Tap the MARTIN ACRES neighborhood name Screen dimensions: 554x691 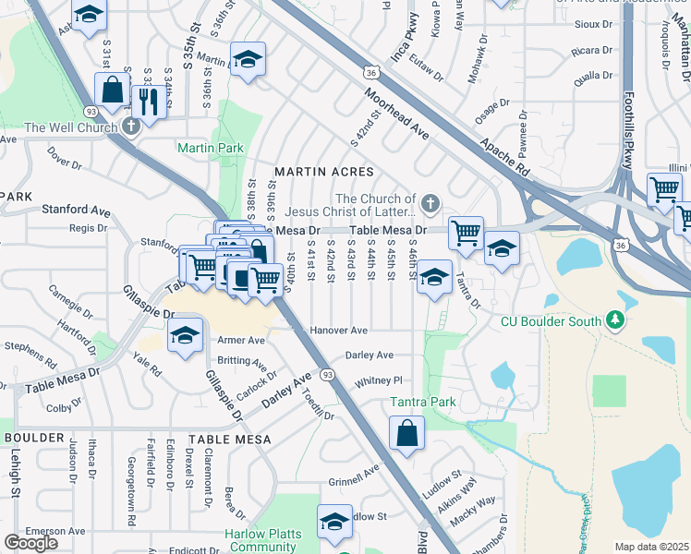coord(323,172)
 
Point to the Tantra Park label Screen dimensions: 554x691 coord(423,403)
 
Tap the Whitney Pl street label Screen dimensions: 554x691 coord(379,380)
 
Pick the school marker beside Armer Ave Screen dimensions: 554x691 coord(186,335)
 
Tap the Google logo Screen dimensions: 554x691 coord(30,543)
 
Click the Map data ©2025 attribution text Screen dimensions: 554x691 coord(650,547)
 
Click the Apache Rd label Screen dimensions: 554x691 coord(503,157)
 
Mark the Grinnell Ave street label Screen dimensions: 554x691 coord(354,476)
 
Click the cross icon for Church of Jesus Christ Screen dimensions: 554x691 coord(429,202)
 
